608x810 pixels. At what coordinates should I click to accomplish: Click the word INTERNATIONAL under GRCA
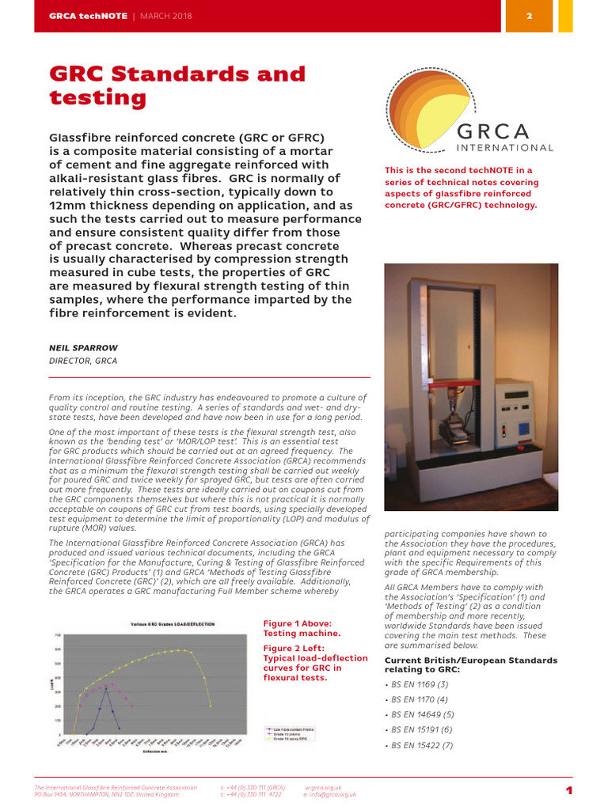(505, 147)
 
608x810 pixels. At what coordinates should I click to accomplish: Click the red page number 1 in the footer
(568, 791)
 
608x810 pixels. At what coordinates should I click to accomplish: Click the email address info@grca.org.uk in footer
(330, 794)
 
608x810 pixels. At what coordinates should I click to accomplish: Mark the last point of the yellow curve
(211, 706)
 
